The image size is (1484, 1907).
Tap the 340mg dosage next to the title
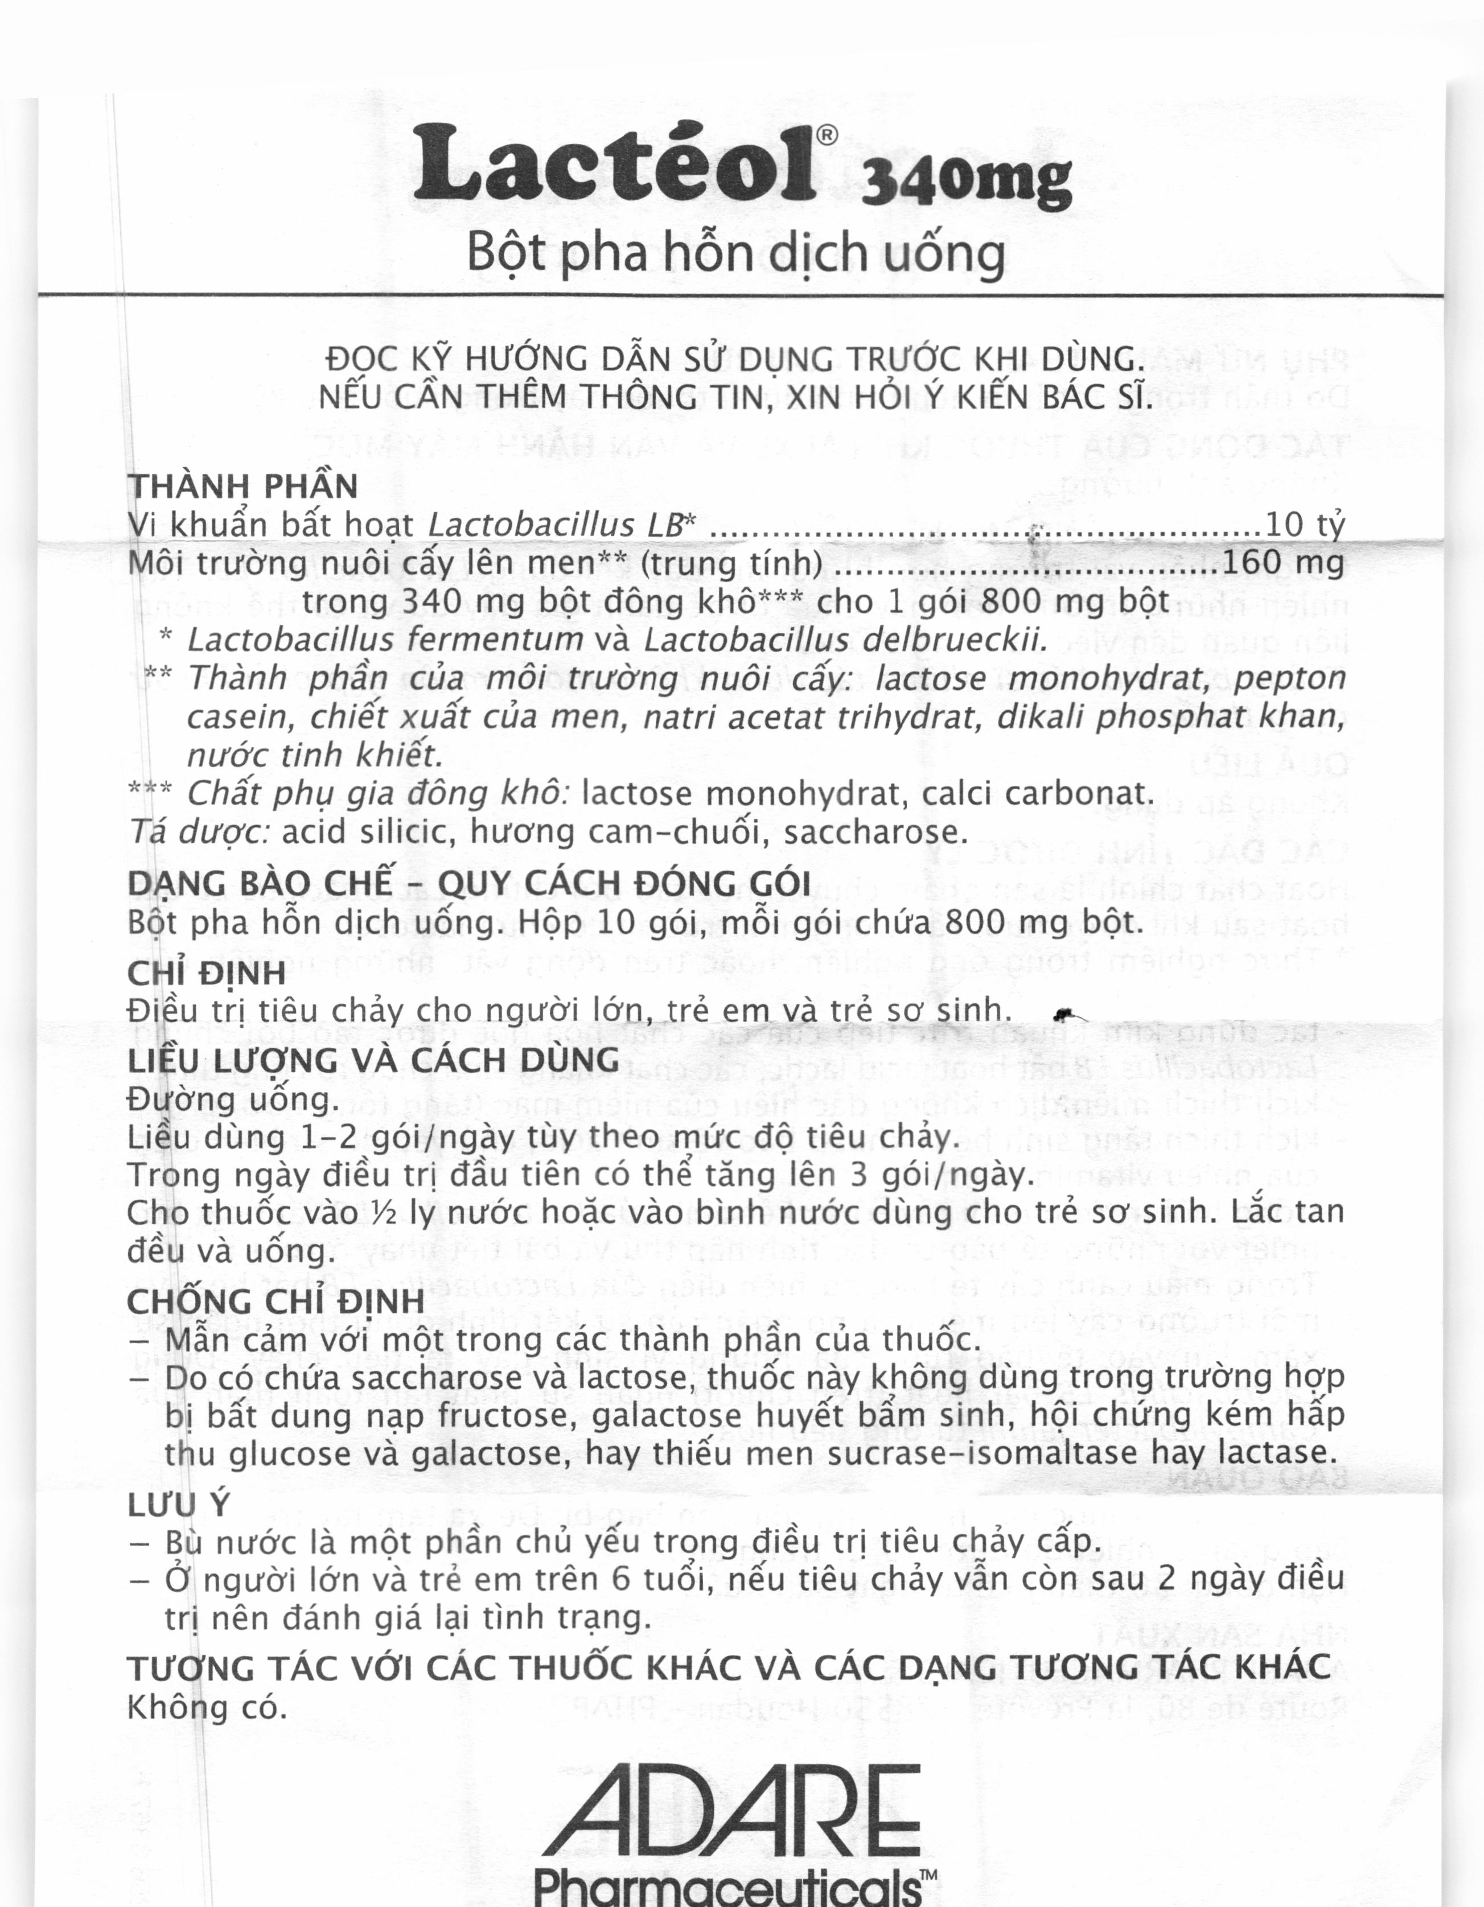pos(966,183)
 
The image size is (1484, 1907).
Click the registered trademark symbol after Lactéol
pos(827,134)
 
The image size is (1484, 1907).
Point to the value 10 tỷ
pos(1305,524)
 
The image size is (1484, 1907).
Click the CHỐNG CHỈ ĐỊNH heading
pos(275,1301)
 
